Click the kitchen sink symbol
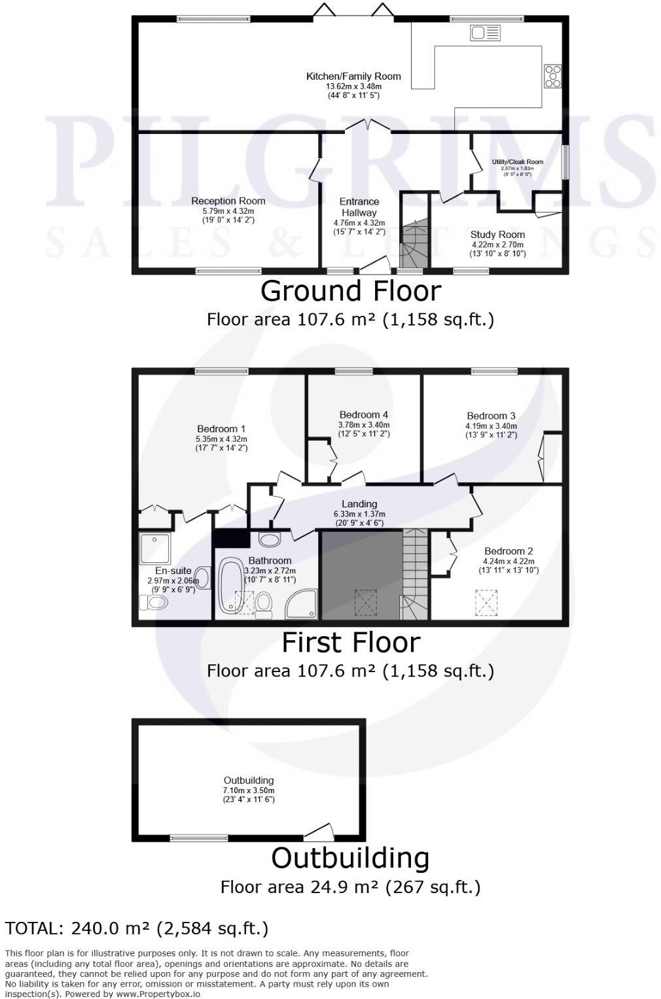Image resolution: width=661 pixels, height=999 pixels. click(x=485, y=31)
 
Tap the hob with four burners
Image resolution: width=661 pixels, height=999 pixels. click(x=552, y=76)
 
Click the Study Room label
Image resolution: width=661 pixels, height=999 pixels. click(x=497, y=234)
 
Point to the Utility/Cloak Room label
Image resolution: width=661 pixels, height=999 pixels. click(x=517, y=161)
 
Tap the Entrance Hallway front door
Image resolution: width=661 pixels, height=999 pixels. click(x=373, y=264)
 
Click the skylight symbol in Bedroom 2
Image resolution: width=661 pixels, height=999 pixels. click(x=486, y=601)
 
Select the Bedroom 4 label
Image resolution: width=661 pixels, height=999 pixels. click(x=364, y=415)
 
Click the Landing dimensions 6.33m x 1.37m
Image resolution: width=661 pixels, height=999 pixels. click(x=359, y=514)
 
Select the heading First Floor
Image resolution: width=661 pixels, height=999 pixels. click(x=350, y=643)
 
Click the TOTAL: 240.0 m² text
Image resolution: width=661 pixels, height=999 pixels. click(x=137, y=928)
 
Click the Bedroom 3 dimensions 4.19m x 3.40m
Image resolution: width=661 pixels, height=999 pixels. click(x=491, y=426)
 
